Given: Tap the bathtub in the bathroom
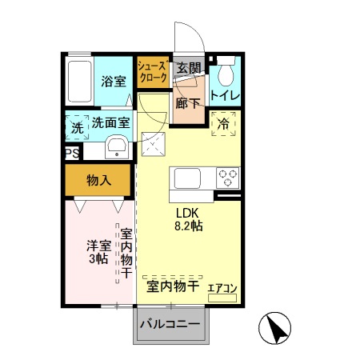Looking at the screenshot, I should coord(80,82).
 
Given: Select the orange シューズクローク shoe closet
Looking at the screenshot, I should coord(151,74).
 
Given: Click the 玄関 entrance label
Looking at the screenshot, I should coord(188,68).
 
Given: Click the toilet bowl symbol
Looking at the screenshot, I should coord(225,74).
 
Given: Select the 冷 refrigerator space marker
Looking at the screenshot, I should coord(223,124).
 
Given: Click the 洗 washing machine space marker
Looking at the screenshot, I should coord(77,126).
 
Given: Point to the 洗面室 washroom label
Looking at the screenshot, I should coord(110,123).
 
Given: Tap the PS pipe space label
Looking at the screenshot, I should coord(72,152).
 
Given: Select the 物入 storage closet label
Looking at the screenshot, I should coord(98,181).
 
